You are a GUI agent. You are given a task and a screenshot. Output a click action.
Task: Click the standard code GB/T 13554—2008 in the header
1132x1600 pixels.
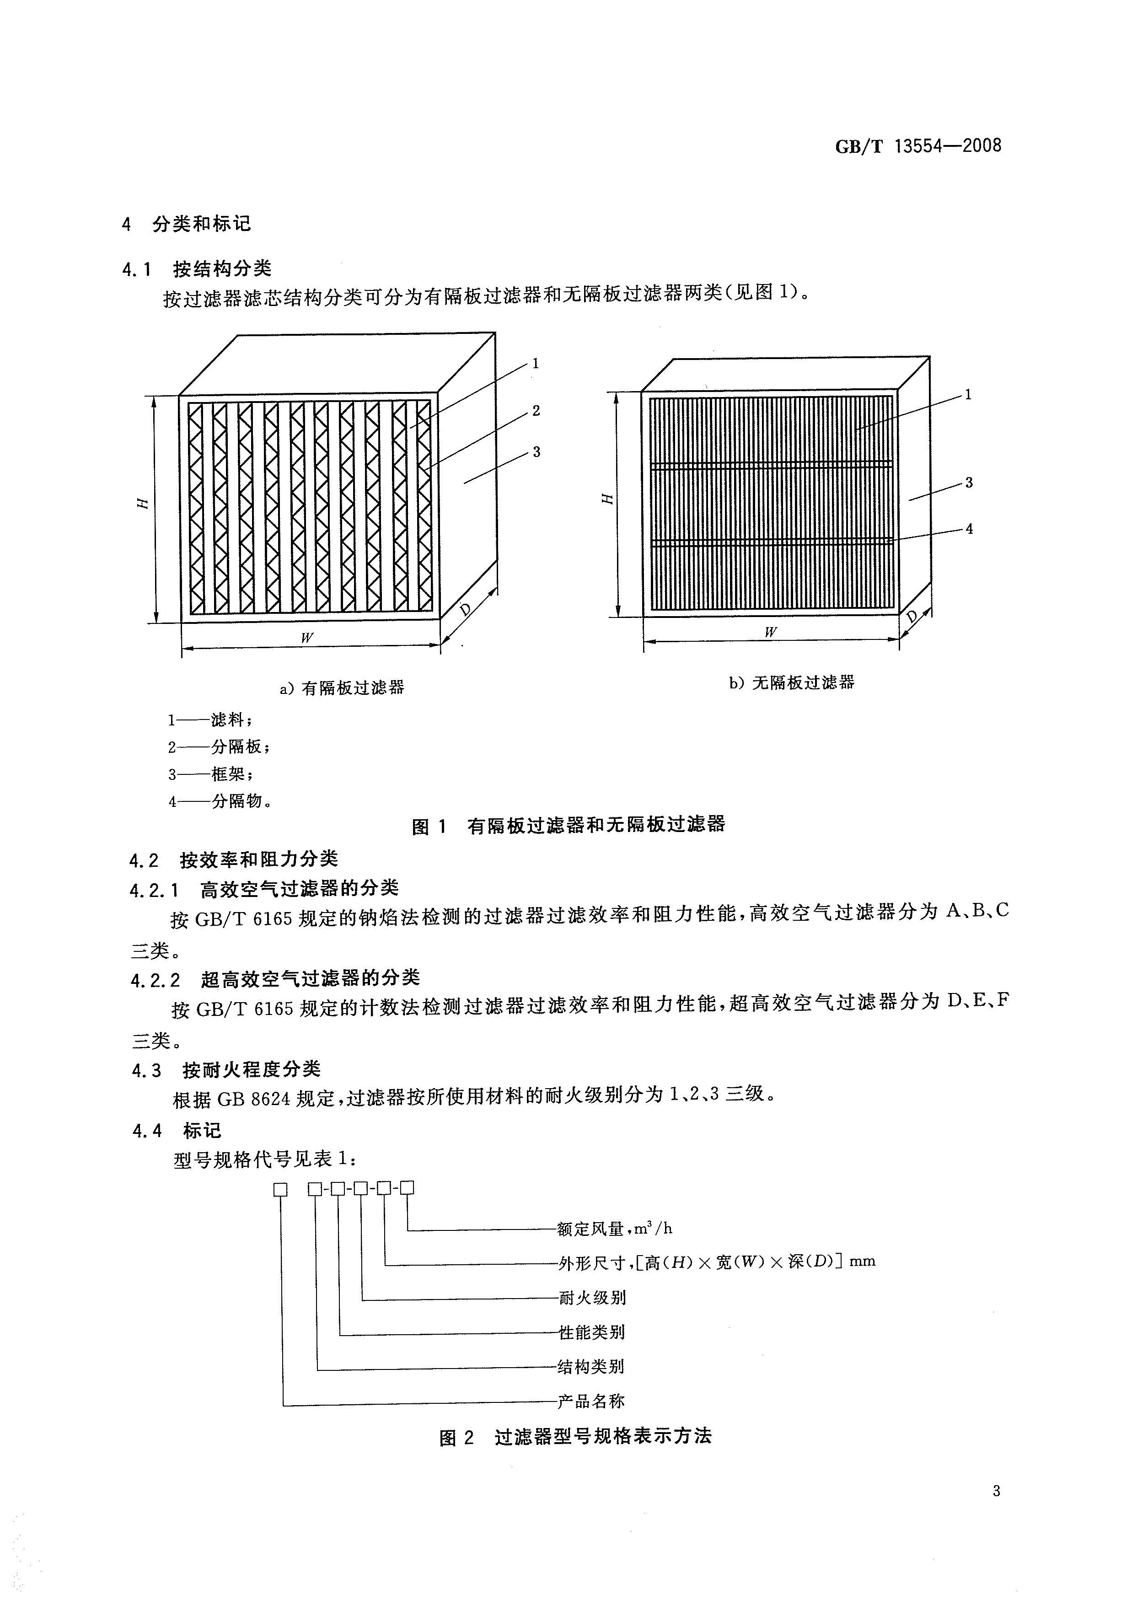pos(918,146)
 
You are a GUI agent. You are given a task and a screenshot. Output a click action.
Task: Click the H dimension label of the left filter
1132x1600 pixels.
pos(143,503)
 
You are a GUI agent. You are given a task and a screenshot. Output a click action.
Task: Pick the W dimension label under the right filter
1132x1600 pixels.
pos(770,632)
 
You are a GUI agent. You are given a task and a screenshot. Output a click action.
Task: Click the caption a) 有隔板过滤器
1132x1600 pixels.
pos(342,688)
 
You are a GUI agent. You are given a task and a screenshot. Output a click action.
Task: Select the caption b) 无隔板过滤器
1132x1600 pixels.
pos(792,682)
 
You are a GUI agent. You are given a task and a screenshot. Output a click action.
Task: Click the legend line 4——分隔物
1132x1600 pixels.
pos(220,801)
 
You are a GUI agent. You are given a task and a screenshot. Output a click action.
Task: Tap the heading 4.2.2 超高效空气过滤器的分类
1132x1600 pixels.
pos(275,979)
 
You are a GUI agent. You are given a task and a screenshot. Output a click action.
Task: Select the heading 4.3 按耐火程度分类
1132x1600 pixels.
pos(226,1069)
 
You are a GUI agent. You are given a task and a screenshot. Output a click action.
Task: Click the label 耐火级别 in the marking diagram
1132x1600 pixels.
pos(592,1298)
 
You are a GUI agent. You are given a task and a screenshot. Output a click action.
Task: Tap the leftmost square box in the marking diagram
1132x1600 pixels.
pos(280,1189)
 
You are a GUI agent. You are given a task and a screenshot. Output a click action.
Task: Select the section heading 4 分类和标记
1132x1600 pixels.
pos(186,224)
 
